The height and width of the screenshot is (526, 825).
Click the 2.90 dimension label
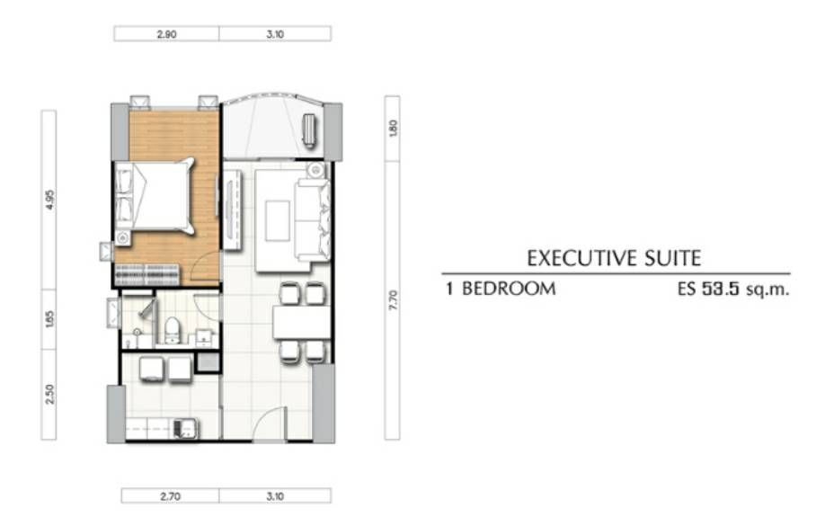[x=166, y=34]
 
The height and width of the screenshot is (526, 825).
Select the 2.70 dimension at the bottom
[x=170, y=496]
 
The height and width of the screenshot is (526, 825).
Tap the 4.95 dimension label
[x=49, y=200]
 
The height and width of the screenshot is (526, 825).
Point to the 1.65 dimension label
[x=49, y=319]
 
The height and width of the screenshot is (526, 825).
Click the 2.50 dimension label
[x=49, y=394]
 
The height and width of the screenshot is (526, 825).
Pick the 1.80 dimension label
[x=393, y=129]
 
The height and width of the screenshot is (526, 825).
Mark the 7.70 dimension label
[x=393, y=300]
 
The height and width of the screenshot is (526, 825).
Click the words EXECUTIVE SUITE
[x=614, y=258]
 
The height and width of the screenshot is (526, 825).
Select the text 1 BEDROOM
[x=501, y=289]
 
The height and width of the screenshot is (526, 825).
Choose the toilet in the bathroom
[x=172, y=330]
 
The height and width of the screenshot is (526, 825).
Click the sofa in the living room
[x=313, y=220]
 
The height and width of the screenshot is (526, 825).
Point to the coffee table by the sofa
[x=278, y=221]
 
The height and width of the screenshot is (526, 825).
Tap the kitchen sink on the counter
[x=184, y=429]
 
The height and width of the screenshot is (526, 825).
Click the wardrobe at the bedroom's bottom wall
[x=146, y=274]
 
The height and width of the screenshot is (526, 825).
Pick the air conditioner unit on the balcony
[x=309, y=129]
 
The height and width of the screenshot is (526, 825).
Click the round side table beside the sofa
[x=315, y=170]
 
